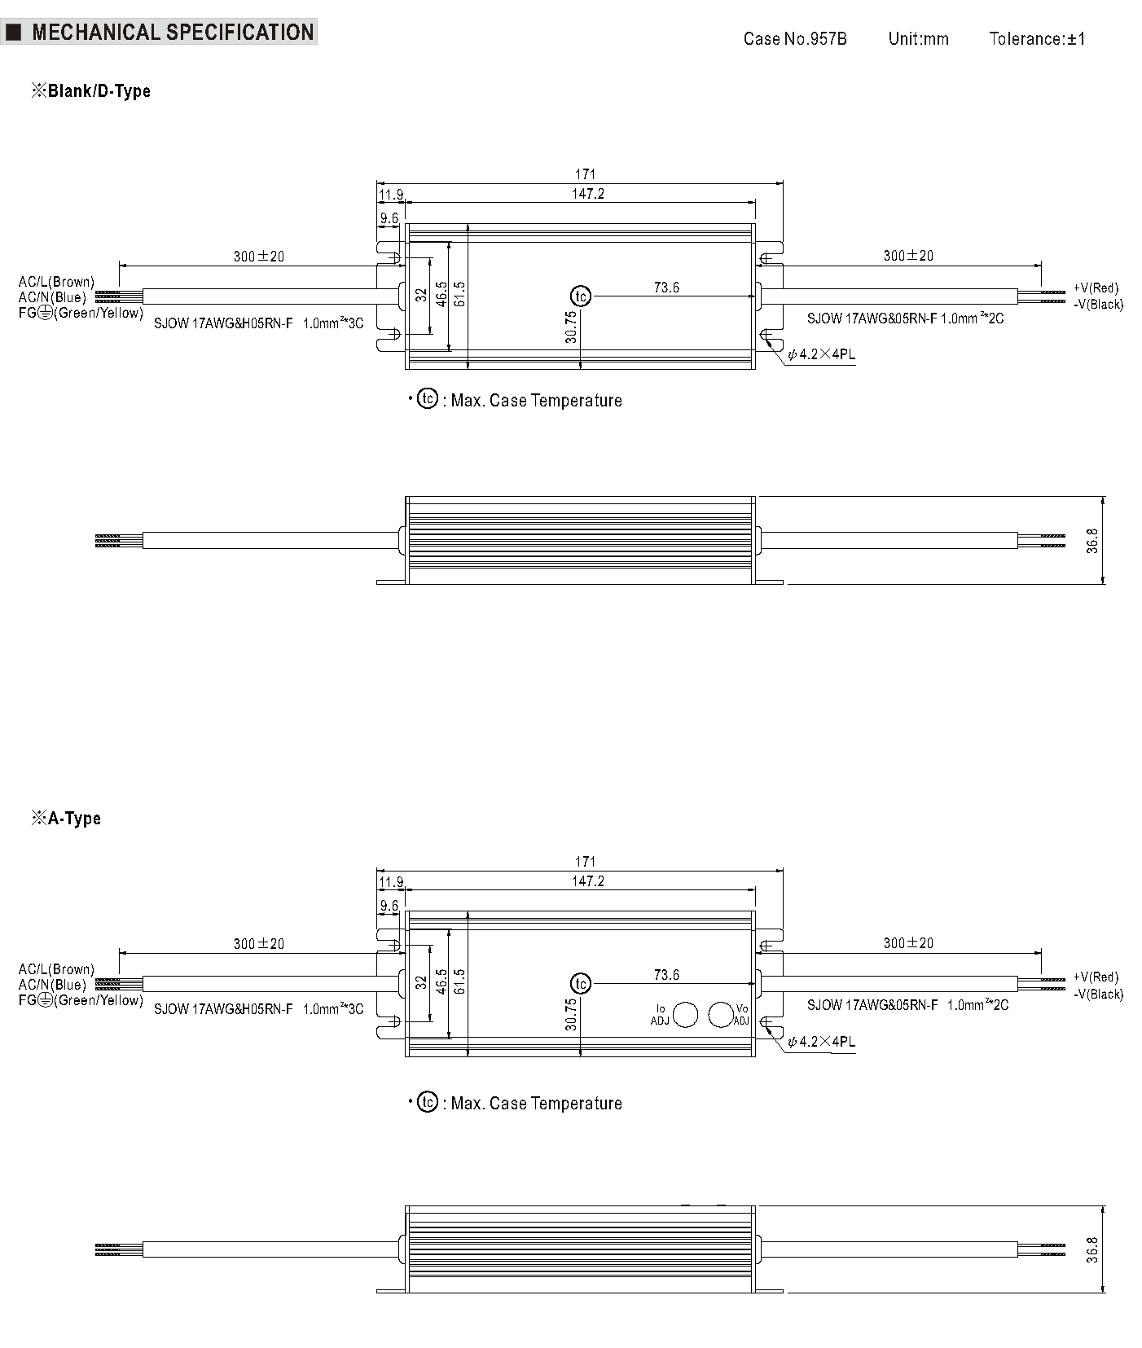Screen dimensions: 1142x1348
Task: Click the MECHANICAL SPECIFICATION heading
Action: [x=172, y=33]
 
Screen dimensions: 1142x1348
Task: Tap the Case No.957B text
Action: [x=794, y=39]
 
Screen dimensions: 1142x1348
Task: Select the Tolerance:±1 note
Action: [x=1037, y=39]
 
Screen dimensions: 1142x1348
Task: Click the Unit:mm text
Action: [x=918, y=39]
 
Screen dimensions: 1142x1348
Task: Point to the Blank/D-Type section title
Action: [x=90, y=90]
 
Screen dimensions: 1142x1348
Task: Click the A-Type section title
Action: [x=66, y=818]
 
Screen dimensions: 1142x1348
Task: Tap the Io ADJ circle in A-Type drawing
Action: [x=686, y=1014]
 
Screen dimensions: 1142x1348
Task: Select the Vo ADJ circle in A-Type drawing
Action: [x=721, y=1014]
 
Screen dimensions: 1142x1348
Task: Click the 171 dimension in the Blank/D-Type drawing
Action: [x=585, y=173]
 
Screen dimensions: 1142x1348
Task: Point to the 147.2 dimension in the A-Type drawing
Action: [x=587, y=880]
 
